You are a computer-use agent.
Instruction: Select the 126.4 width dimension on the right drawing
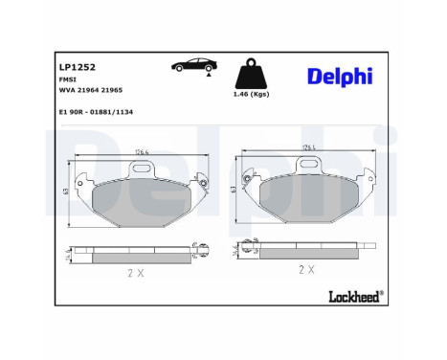[309, 146]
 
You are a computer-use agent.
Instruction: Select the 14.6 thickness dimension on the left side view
[63, 254]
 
